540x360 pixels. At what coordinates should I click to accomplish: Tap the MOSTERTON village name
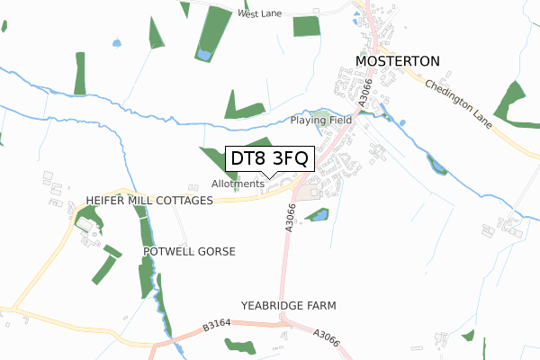coord(398,60)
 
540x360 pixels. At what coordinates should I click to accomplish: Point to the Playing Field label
coord(319,120)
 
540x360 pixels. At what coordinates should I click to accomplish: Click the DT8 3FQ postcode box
coord(269,158)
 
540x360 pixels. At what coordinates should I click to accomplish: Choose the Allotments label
coord(238,184)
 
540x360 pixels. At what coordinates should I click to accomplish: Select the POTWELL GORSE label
coord(189,251)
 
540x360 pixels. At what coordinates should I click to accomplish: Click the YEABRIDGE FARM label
coord(288,306)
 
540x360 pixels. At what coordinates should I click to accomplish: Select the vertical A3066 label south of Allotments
coord(291,219)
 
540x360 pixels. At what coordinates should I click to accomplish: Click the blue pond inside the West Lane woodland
coord(204,55)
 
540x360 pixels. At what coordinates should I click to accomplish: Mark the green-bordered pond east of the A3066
coord(317,215)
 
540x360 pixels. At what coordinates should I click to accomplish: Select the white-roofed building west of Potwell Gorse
coord(86,222)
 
